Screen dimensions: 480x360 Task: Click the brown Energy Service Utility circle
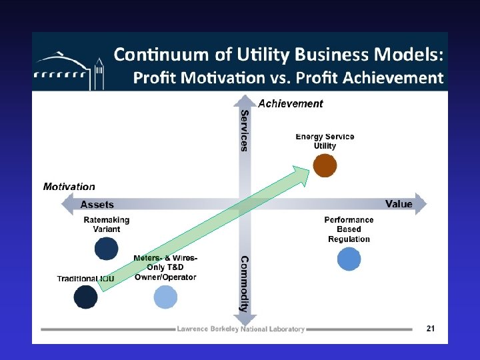pyautogui.click(x=325, y=165)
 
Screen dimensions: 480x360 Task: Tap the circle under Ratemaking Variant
pyautogui.click(x=106, y=248)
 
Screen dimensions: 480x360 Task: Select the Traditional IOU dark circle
pyautogui.click(x=85, y=297)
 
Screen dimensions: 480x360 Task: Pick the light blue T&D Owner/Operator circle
pyautogui.click(x=165, y=297)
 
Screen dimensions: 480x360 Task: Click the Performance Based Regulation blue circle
pyautogui.click(x=349, y=259)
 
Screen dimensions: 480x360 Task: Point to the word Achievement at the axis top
pyautogui.click(x=290, y=103)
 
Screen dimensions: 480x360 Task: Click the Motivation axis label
pyautogui.click(x=69, y=187)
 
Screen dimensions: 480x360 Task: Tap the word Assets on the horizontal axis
pyautogui.click(x=97, y=205)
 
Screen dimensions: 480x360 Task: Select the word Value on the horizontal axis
pyautogui.click(x=399, y=204)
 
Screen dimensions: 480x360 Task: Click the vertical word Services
pyautogui.click(x=244, y=131)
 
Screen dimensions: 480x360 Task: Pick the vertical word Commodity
pyautogui.click(x=244, y=284)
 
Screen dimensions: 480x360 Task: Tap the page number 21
pyautogui.click(x=431, y=328)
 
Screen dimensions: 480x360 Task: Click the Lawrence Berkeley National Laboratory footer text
pyautogui.click(x=241, y=329)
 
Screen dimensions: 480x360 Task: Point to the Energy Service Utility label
pyautogui.click(x=325, y=141)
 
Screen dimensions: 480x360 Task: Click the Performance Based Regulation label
pyautogui.click(x=349, y=229)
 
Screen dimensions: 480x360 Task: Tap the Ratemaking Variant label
pyautogui.click(x=107, y=224)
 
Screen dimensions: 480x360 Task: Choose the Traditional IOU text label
pyautogui.click(x=85, y=278)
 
